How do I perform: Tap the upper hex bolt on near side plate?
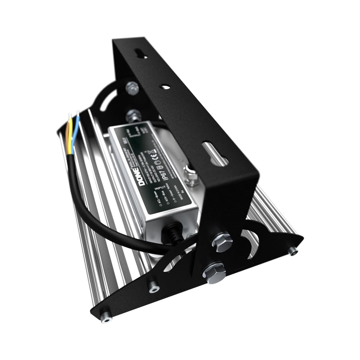[222, 242]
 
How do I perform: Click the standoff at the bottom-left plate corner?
[106, 317]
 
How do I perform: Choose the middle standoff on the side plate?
[154, 287]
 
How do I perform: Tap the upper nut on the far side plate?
[132, 87]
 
